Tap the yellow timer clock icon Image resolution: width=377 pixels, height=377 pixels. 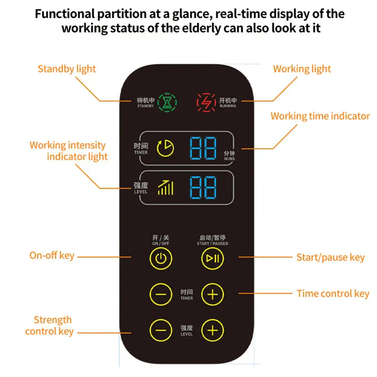point(165,148)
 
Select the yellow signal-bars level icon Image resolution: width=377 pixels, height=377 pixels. point(165,188)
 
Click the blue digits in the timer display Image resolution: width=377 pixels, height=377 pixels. point(203,148)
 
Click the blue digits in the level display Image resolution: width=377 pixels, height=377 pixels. point(203,188)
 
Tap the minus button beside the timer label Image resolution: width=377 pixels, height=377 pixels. point(161,295)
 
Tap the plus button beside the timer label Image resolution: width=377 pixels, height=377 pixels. point(213,295)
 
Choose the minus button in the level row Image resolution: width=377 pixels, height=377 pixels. point(161,330)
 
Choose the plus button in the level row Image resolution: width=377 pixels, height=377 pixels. point(213,330)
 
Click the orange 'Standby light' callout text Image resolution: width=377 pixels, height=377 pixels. point(66,69)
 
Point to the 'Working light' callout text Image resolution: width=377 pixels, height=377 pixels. point(302,69)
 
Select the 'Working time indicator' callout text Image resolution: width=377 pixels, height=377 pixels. point(320,116)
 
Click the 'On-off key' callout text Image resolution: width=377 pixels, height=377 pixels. point(52,255)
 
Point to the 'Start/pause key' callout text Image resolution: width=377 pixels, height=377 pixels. point(330,257)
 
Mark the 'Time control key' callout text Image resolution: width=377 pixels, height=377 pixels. point(333,294)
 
